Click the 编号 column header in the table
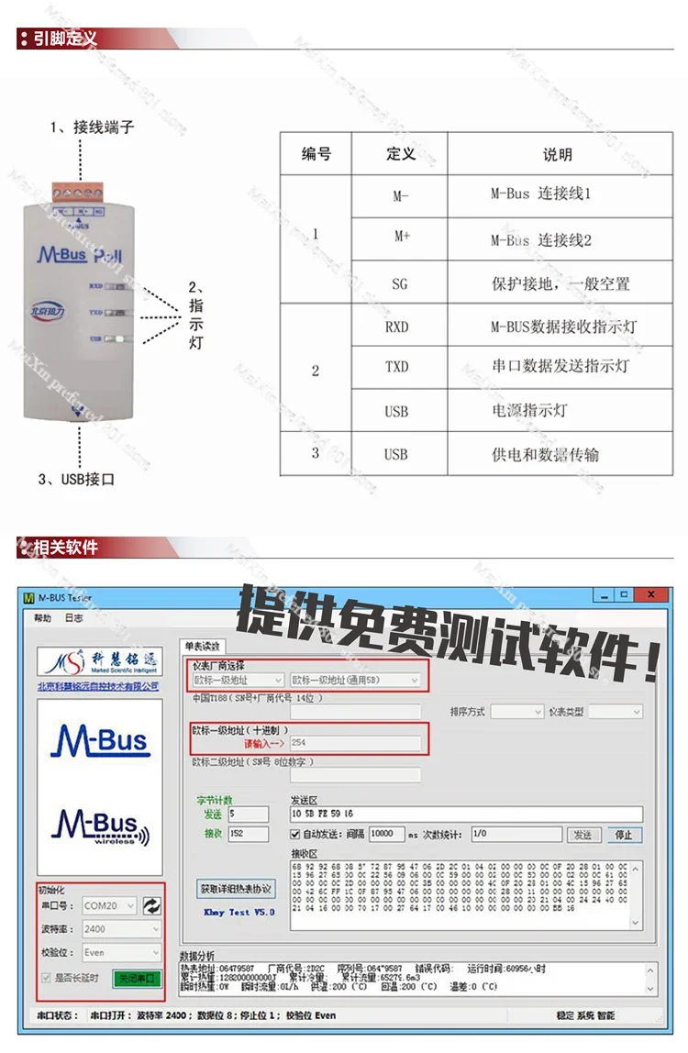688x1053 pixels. point(316,154)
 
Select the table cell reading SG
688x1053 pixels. point(399,284)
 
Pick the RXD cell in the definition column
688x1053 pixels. point(396,327)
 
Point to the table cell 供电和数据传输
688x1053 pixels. point(545,453)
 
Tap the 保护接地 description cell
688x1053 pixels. point(560,284)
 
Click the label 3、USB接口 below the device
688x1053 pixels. point(77,479)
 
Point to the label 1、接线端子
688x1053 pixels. point(92,127)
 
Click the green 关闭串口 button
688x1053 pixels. point(137,979)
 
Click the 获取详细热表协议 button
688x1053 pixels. point(237,889)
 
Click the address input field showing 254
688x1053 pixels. point(355,742)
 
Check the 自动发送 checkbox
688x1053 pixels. point(295,835)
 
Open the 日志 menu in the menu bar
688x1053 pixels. point(73,618)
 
